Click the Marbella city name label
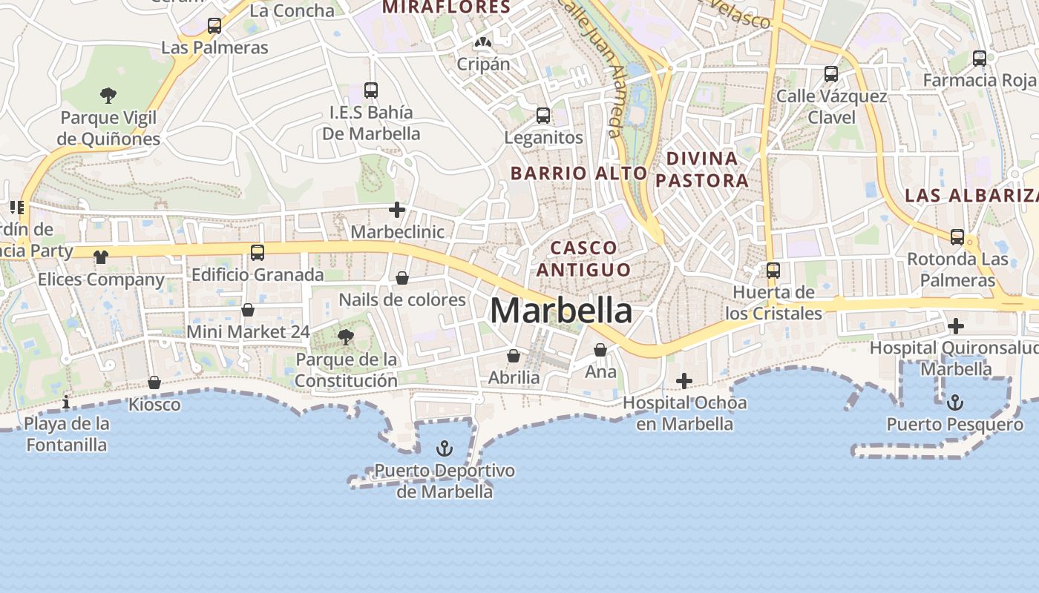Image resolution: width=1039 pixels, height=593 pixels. [x=561, y=311]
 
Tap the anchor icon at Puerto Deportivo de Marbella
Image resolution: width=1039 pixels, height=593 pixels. [x=444, y=448]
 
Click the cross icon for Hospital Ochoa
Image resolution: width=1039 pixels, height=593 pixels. [x=684, y=381]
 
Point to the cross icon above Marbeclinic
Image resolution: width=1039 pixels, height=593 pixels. [x=397, y=210]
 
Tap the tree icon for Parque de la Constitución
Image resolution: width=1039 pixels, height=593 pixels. [x=345, y=338]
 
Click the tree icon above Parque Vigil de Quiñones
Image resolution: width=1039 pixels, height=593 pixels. [x=108, y=95]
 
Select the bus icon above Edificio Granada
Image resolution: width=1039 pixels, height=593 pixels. [x=258, y=253]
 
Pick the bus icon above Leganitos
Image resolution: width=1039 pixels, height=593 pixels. [x=543, y=116]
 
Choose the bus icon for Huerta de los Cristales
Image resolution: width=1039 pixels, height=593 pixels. [x=773, y=271]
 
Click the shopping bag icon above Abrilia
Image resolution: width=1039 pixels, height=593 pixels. [x=513, y=356]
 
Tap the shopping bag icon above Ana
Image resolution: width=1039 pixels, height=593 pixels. [x=600, y=350]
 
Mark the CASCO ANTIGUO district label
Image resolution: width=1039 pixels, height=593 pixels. [x=583, y=259]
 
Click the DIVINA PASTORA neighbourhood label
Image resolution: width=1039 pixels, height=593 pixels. [x=702, y=169]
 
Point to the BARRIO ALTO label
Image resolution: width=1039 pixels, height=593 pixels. [x=579, y=173]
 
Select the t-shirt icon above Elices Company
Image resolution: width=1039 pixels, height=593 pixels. [x=100, y=257]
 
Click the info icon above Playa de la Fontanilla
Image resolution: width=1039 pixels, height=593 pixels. [x=66, y=402]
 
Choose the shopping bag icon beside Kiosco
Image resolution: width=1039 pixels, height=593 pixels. [x=154, y=382]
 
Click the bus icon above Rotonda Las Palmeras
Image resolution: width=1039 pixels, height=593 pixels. [x=957, y=237]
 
